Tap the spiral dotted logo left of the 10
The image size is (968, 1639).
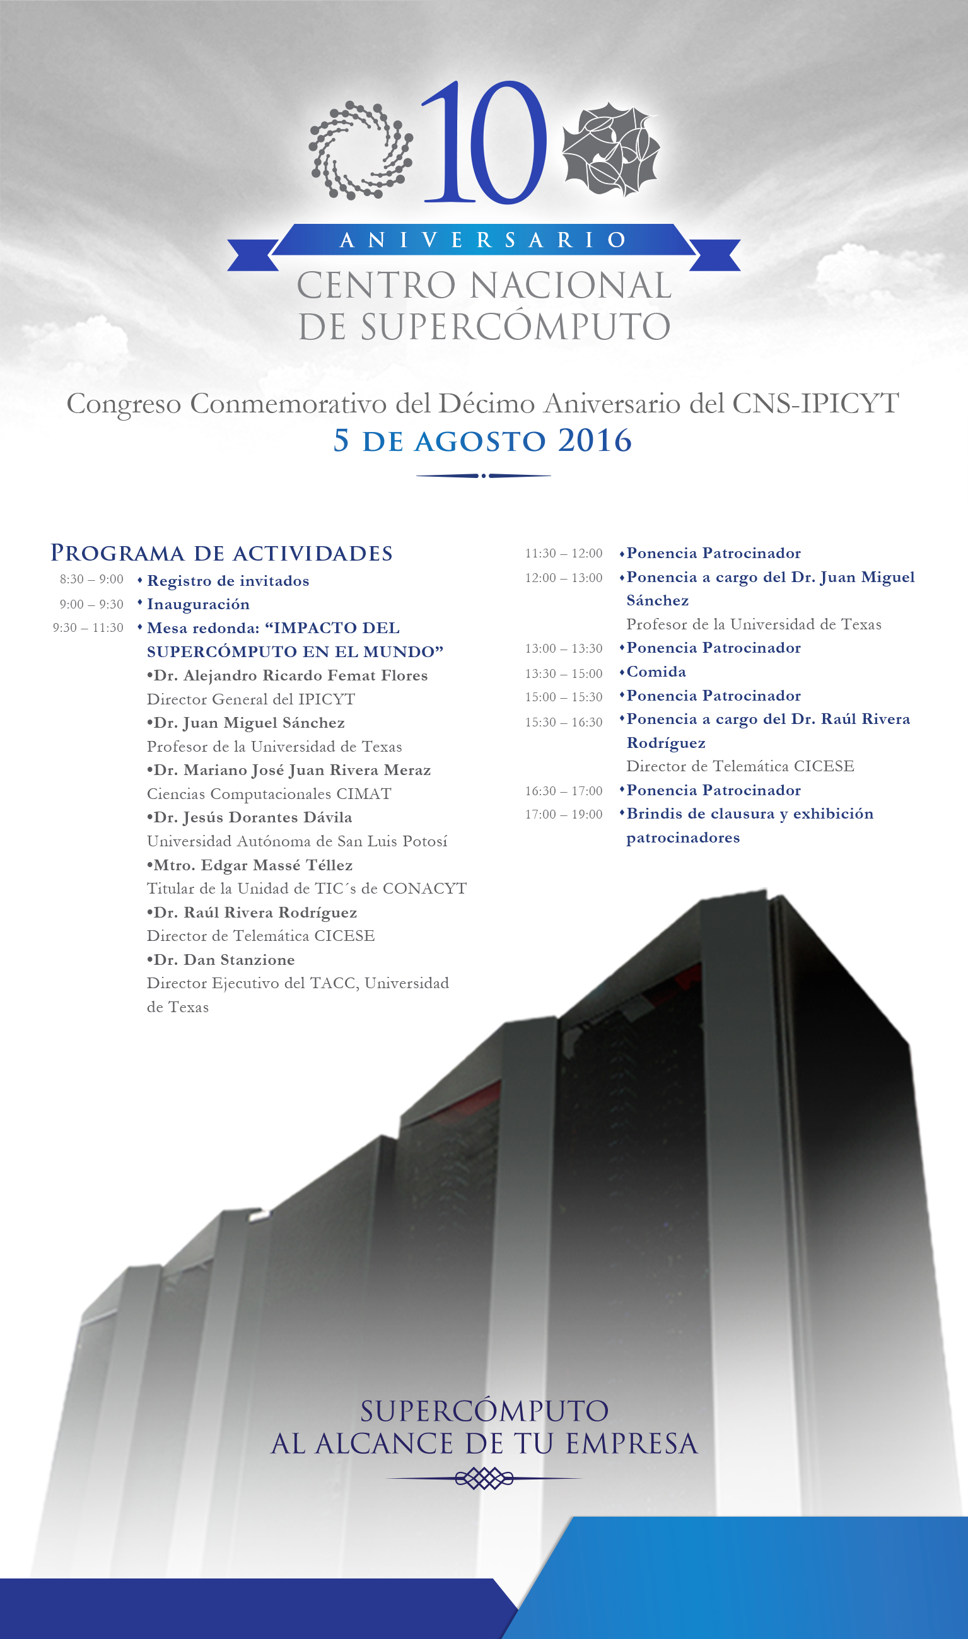click(360, 150)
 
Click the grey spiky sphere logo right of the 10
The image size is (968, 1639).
click(611, 149)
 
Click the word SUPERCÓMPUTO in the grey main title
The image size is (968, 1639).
click(515, 327)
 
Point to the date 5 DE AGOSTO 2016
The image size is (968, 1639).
click(482, 441)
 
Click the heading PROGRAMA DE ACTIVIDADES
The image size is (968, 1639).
click(222, 553)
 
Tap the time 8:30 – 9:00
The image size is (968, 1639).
click(91, 579)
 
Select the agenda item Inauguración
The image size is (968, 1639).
click(198, 604)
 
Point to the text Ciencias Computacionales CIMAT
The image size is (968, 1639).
click(269, 794)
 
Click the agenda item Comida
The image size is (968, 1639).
click(656, 672)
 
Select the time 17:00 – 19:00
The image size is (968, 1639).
click(564, 814)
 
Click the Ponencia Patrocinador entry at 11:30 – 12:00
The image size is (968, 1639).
click(714, 553)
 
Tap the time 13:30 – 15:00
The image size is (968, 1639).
click(564, 673)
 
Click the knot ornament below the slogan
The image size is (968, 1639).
click(484, 1479)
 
